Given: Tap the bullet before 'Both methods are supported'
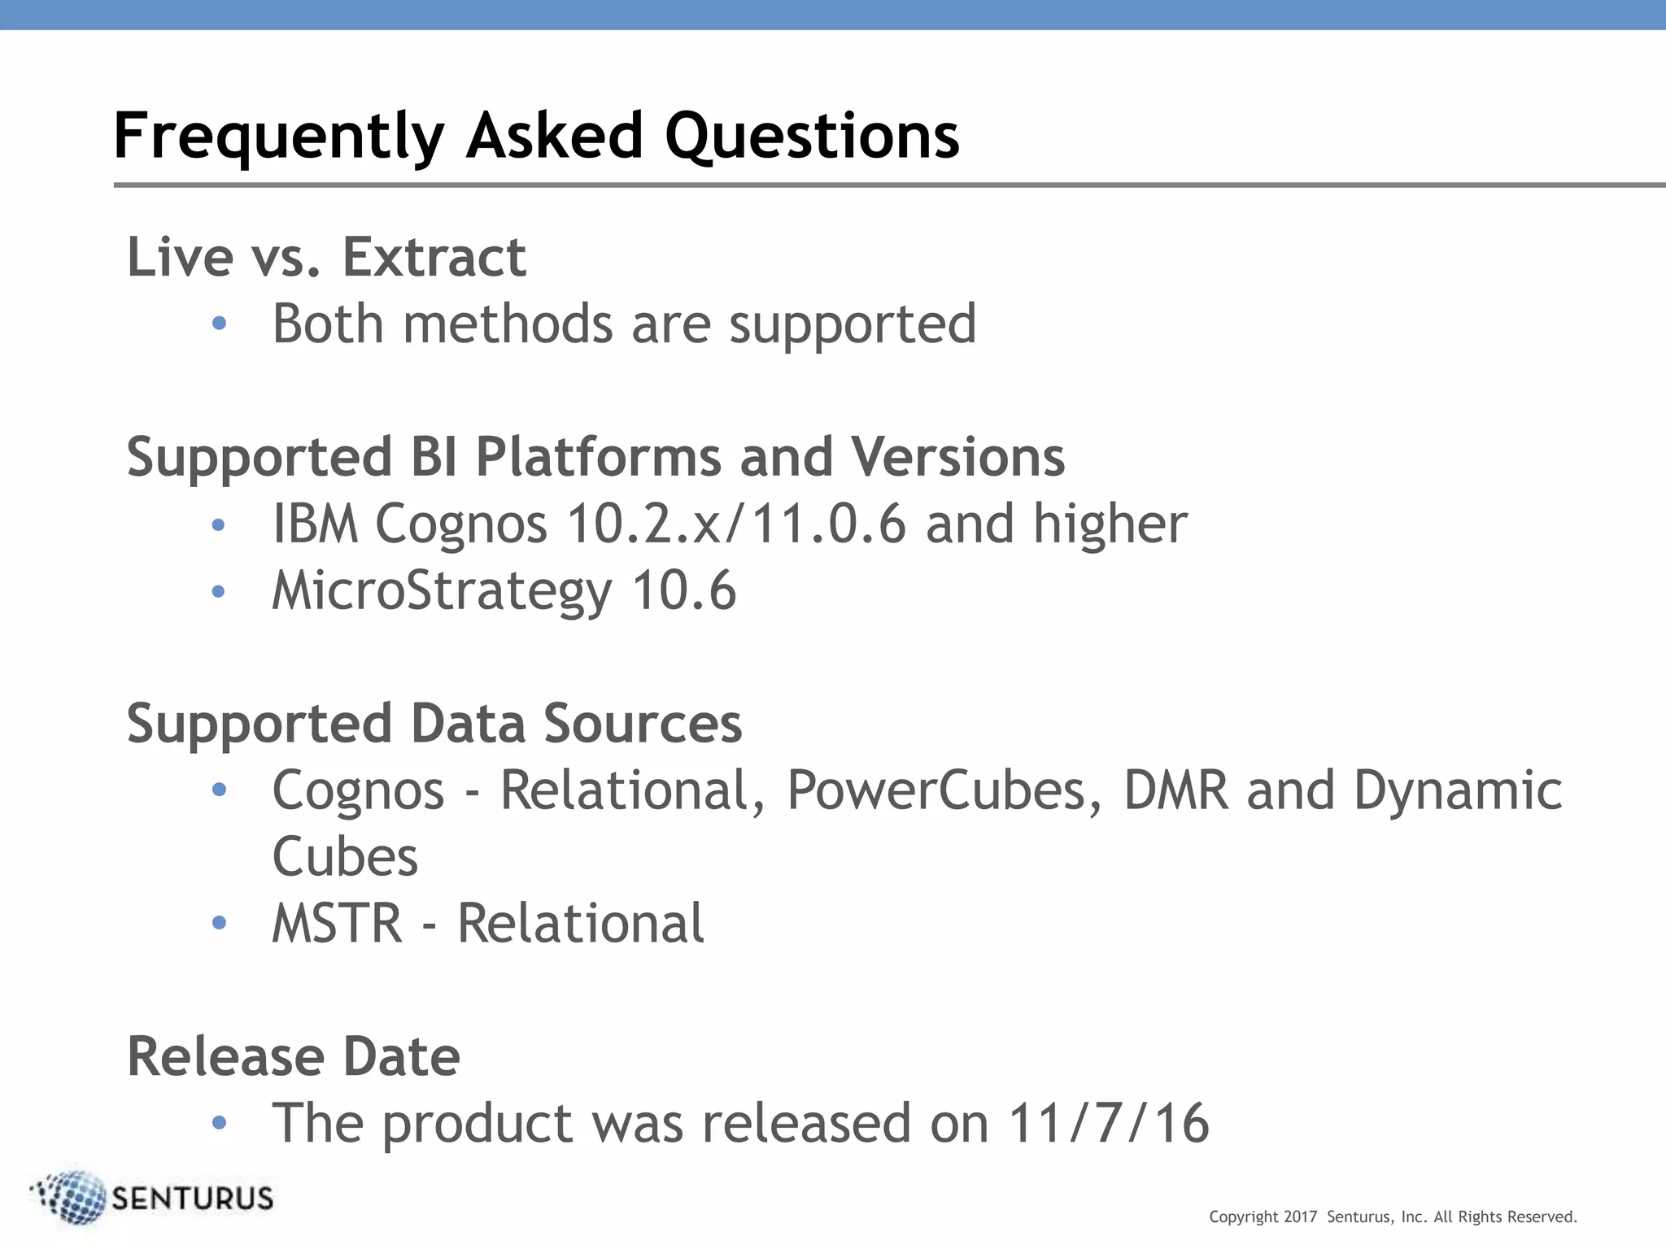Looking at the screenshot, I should click(x=219, y=324).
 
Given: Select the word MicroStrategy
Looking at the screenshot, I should click(x=442, y=590).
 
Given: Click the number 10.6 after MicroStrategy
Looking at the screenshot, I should click(x=684, y=590).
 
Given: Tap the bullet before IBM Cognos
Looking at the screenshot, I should click(x=218, y=524).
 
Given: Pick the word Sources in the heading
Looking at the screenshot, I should click(x=643, y=723).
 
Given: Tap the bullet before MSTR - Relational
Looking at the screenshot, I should click(x=219, y=922).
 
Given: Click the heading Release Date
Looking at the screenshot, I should click(x=294, y=1056).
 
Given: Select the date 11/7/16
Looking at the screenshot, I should click(x=1108, y=1123).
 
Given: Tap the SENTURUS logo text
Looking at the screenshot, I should click(x=192, y=1199).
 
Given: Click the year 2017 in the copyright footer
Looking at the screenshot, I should click(x=1300, y=1216).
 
